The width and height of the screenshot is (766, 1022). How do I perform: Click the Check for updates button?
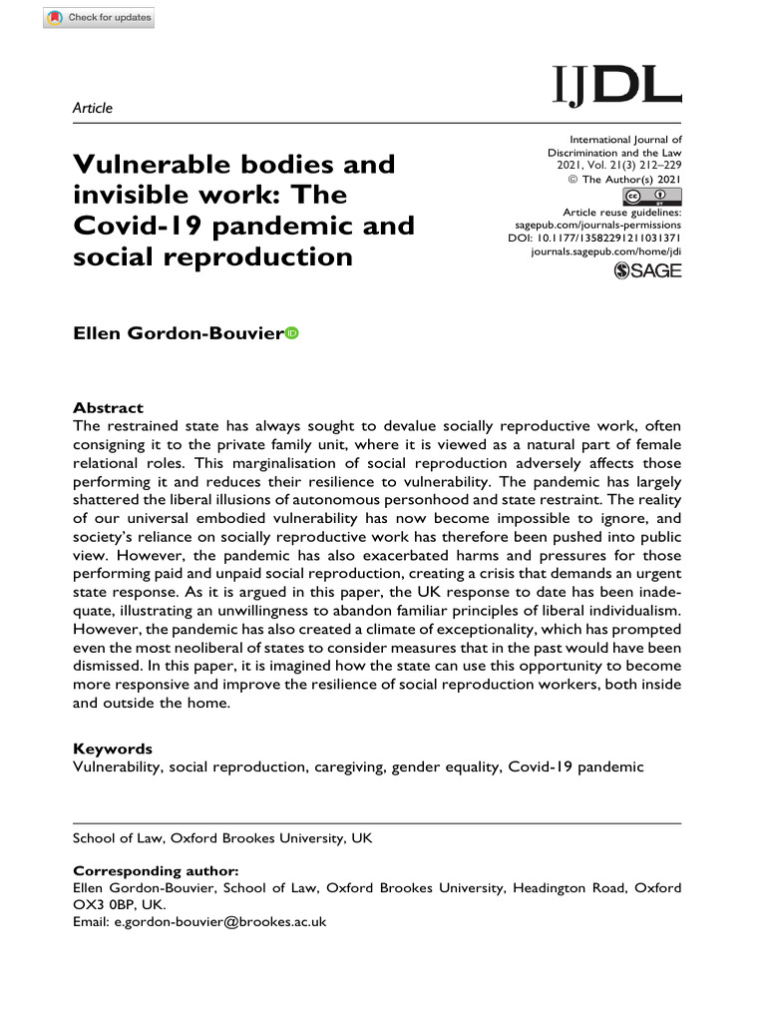coord(99,18)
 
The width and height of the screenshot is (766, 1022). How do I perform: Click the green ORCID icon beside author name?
coord(292,333)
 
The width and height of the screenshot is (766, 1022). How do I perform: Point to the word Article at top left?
coord(93,108)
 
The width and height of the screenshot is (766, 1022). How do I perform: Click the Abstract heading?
coord(109,408)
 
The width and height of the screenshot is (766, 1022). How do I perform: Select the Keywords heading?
coord(112,749)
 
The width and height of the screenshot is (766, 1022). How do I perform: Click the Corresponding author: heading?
coord(157,870)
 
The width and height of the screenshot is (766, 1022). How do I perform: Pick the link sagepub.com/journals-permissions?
coord(597,227)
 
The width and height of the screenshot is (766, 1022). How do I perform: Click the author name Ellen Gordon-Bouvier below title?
coord(178,334)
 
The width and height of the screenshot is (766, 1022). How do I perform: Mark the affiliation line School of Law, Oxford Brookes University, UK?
coord(222,838)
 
